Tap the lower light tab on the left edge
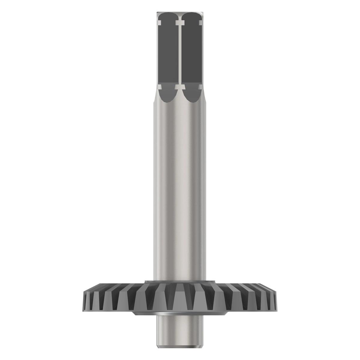(x=159, y=87)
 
